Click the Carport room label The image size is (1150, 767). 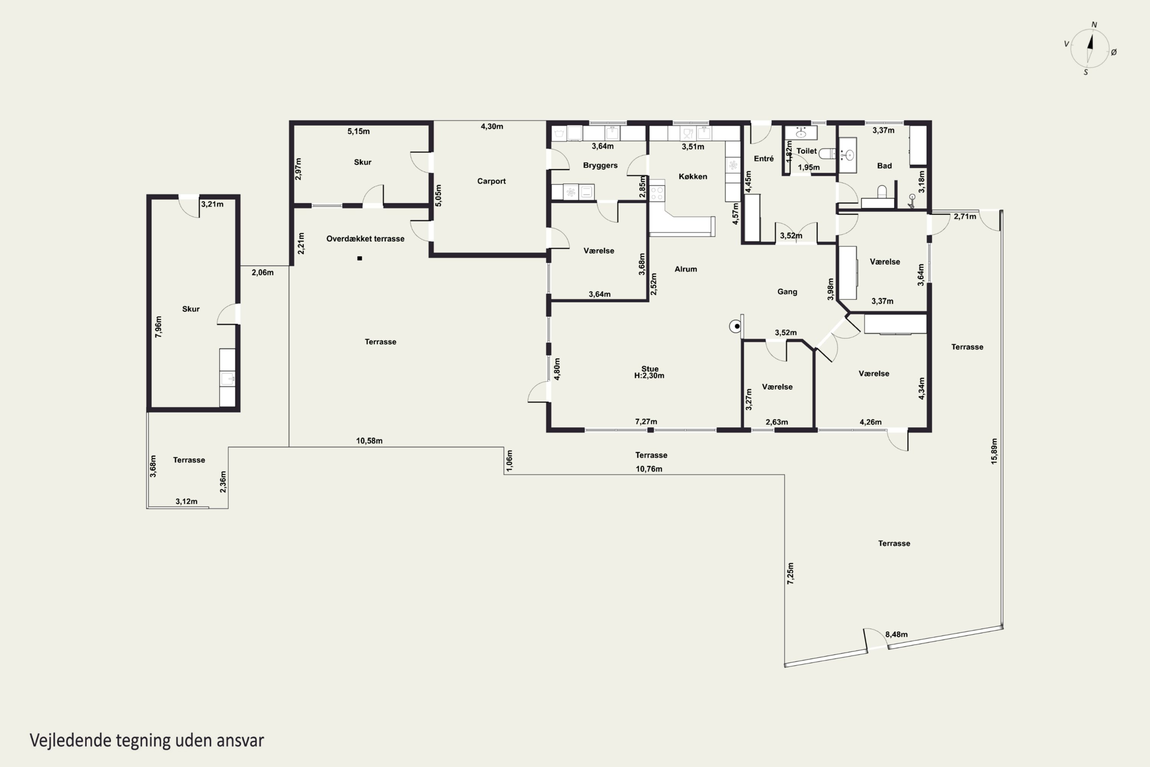(x=491, y=181)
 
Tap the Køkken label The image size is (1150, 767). (x=693, y=176)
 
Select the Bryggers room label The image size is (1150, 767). (x=600, y=165)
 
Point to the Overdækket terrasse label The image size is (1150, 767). (x=365, y=239)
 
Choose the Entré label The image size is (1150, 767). (x=764, y=158)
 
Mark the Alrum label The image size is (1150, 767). (x=685, y=269)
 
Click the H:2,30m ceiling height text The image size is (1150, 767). (x=649, y=376)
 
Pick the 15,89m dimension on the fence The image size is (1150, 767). (x=994, y=451)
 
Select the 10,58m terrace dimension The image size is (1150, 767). (x=369, y=441)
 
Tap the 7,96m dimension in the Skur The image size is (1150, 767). (x=158, y=327)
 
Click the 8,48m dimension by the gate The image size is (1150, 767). (x=896, y=634)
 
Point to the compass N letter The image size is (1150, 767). (x=1094, y=25)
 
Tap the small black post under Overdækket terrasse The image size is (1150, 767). (x=360, y=258)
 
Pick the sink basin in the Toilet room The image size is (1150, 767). (x=801, y=133)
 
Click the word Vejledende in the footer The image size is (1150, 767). (x=70, y=741)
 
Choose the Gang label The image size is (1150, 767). (x=787, y=292)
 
